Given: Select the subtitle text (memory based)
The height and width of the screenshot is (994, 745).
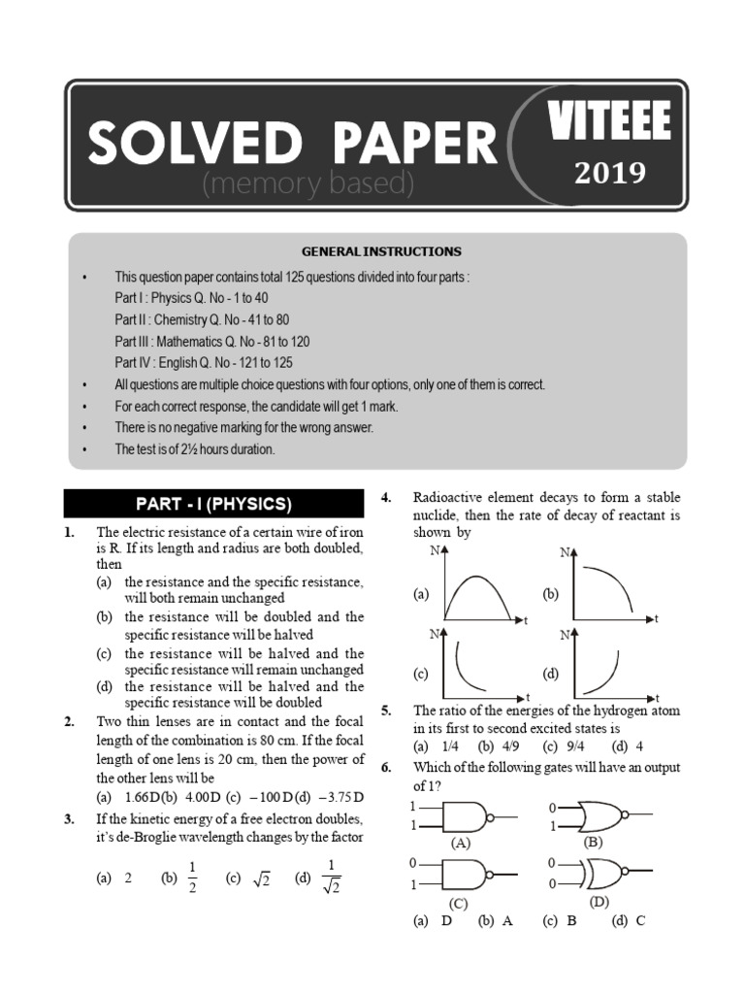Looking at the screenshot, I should [x=308, y=182].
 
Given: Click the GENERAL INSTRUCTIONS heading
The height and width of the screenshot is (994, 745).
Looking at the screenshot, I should [x=374, y=251].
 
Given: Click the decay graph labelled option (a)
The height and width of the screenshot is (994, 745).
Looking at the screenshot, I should [x=479, y=586].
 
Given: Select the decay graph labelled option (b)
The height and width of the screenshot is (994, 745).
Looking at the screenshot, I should [x=611, y=586].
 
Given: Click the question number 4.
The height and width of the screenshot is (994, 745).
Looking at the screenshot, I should [x=385, y=498].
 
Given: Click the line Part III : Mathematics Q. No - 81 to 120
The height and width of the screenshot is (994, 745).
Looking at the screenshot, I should [x=212, y=342].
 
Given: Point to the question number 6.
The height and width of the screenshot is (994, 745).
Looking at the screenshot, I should [x=385, y=767].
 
